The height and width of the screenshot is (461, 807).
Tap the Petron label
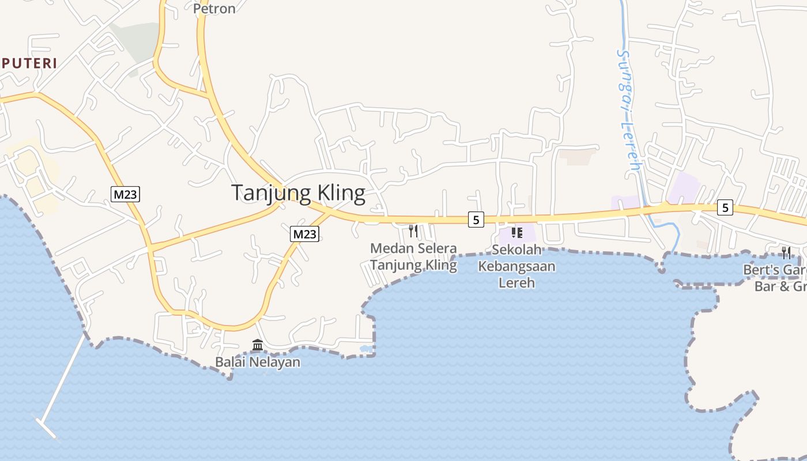coord(214,9)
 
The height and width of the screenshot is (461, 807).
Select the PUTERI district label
coord(29,63)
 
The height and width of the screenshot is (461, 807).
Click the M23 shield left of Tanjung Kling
coord(125,194)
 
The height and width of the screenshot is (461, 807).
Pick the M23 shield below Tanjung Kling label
coord(304,233)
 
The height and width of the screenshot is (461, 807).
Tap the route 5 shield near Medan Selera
coord(476,219)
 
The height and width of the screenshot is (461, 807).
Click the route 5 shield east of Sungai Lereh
coord(725,207)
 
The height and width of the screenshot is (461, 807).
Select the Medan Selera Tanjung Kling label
coord(413,257)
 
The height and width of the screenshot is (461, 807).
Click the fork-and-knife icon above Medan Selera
coord(413,231)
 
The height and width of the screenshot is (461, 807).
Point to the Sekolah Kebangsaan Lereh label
coord(516,266)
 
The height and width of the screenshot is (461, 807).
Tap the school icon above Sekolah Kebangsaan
coord(516,233)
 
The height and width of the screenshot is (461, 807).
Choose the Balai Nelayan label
coord(258,362)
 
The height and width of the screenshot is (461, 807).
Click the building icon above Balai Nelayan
coord(258,345)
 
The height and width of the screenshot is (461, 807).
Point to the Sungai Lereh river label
coord(628,109)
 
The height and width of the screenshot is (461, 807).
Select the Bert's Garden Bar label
coord(775,277)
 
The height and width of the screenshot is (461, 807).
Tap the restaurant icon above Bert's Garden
coord(786,252)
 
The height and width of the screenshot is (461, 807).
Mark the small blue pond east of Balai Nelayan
coord(365,348)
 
